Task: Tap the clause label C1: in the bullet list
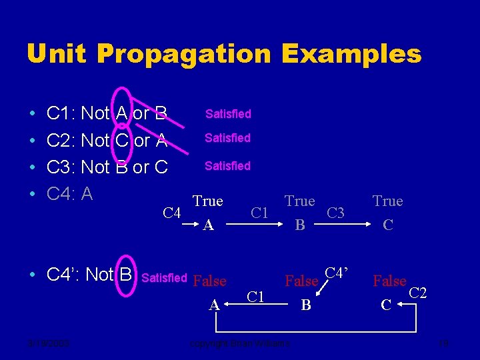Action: coord(61,114)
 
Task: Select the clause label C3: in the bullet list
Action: coord(61,167)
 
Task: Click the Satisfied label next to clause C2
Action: coord(227,138)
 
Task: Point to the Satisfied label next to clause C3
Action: coord(227,165)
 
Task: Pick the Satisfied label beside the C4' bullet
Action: coord(165,277)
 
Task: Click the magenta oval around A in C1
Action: coord(122,114)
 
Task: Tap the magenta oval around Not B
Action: coord(125,274)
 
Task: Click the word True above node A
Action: coord(207,201)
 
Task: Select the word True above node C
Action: coord(387,201)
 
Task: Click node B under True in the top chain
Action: coord(300,226)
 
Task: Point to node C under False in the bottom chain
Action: coord(385,305)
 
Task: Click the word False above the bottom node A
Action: coord(209,281)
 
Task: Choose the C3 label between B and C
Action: coord(336,213)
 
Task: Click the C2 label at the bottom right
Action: coord(417,291)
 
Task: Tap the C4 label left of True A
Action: coord(172,213)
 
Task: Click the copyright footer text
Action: coord(239,343)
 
